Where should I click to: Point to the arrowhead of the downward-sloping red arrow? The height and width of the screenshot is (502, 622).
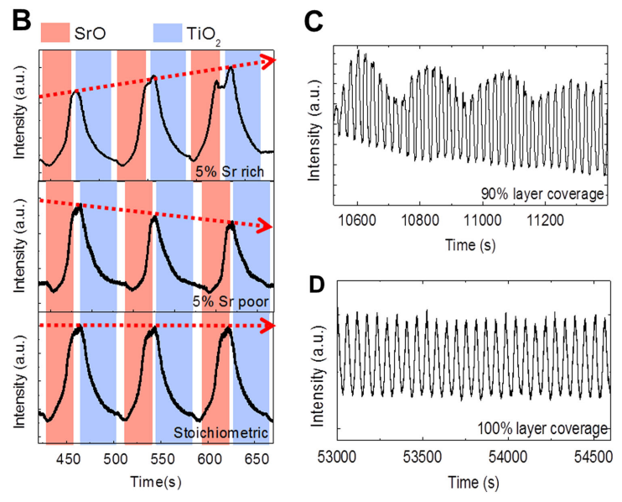click(267, 226)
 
